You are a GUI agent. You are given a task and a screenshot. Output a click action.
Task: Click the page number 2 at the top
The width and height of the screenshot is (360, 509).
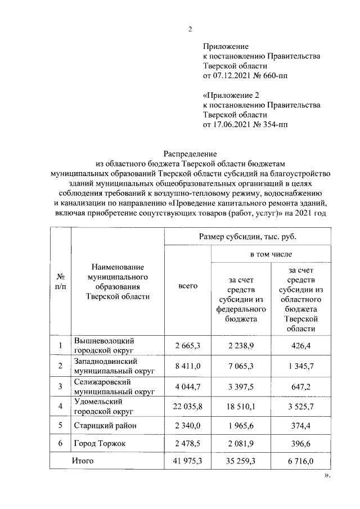[190, 29]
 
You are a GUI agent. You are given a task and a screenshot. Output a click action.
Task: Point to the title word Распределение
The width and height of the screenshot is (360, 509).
[190, 153]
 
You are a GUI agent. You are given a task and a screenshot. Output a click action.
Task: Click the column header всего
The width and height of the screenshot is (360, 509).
[188, 286]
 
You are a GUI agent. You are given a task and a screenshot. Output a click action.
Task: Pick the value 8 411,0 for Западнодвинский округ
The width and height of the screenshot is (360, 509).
[188, 367]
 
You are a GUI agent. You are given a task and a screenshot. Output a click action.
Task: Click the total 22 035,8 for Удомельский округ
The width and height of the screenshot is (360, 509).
[188, 407]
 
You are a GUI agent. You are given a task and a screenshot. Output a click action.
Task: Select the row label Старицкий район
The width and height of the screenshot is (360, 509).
[105, 426]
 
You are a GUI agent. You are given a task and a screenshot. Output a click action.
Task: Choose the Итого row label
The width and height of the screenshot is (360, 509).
[82, 461]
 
